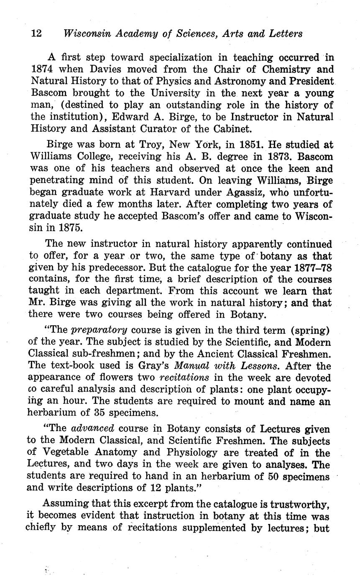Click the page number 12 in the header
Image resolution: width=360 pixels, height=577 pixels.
click(36, 34)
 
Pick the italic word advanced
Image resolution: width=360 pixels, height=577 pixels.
click(93, 429)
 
